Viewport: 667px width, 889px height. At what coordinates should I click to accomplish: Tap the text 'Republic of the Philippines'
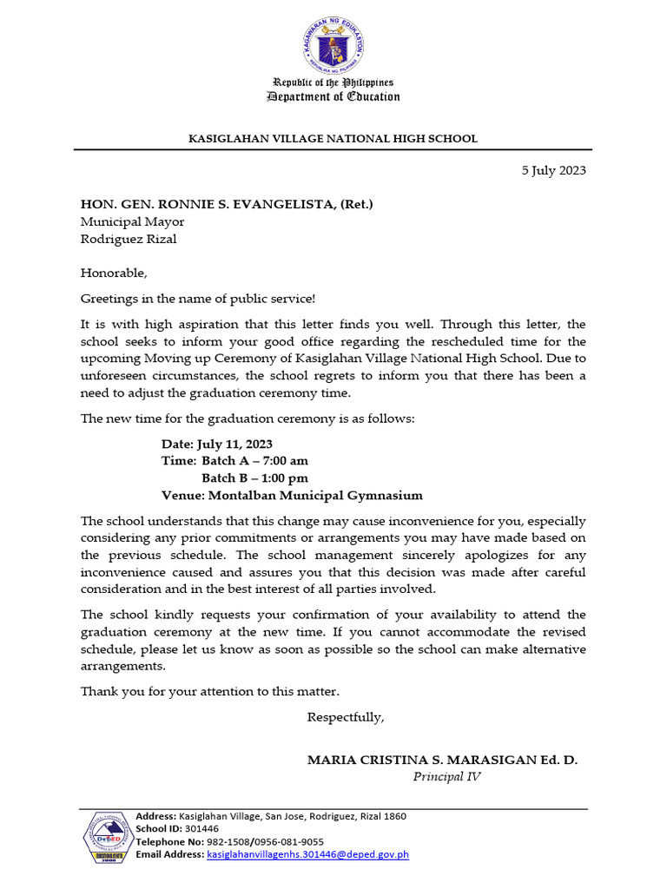[333, 82]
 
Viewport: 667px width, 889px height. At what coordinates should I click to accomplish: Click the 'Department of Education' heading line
[333, 96]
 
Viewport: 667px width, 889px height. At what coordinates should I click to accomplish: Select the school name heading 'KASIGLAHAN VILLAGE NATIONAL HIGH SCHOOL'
[333, 139]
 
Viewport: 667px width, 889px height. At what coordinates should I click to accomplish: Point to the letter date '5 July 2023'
[553, 170]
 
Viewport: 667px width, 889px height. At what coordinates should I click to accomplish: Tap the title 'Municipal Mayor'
[132, 221]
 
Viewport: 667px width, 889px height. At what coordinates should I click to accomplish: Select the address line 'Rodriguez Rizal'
[129, 239]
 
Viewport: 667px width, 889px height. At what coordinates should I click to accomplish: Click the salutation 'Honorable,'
[114, 273]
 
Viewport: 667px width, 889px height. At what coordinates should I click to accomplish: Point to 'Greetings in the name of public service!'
[198, 299]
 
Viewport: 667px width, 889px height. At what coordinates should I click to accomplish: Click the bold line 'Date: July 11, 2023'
[217, 444]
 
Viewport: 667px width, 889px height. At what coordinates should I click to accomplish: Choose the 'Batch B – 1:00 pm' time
[254, 478]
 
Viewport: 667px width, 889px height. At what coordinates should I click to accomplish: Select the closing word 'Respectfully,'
[345, 718]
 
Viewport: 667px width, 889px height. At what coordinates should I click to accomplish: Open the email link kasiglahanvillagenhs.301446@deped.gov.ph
[307, 854]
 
